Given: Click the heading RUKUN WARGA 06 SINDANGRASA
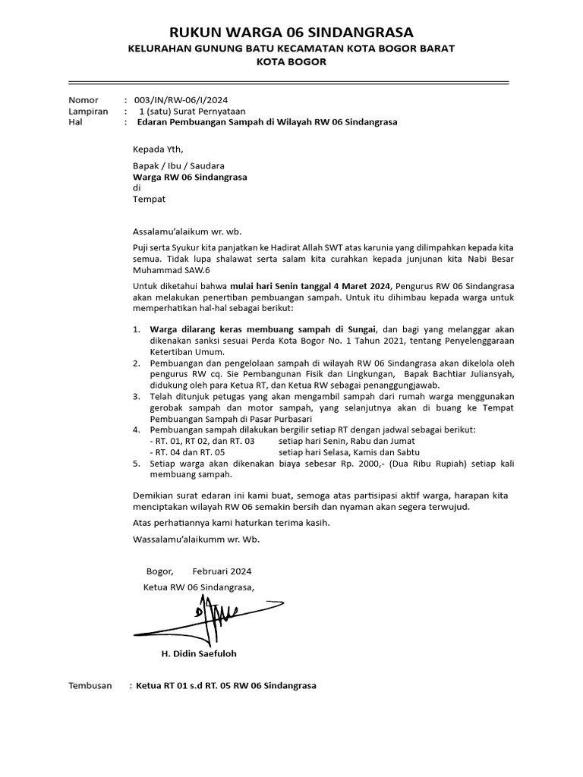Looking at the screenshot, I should (x=291, y=32).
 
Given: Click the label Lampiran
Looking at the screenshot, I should (x=88, y=111).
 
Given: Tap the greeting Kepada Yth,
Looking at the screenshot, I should (x=158, y=149).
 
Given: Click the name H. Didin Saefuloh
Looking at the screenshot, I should (x=194, y=653).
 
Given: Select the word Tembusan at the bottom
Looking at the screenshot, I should (x=90, y=685).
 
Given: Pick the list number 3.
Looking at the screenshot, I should (x=136, y=396).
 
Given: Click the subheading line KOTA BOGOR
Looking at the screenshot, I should (x=291, y=62).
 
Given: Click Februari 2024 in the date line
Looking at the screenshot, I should (x=222, y=571).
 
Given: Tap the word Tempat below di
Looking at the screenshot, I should (x=149, y=199).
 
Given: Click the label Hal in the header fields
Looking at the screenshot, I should (x=76, y=121).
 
